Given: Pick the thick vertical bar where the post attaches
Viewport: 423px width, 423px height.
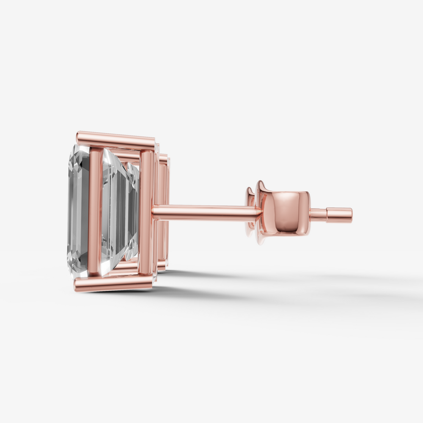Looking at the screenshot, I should point(146,211).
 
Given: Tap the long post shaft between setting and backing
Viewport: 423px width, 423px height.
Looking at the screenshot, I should point(203,211).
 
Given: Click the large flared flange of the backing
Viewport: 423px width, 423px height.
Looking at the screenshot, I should point(261,211).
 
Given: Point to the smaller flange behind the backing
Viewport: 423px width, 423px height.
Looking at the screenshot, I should point(250,211).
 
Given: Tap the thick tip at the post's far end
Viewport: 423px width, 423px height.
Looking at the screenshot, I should point(339,214).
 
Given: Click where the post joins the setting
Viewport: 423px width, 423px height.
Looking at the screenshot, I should point(154,211).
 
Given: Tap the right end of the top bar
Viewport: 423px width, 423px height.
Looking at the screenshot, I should point(153,143).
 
